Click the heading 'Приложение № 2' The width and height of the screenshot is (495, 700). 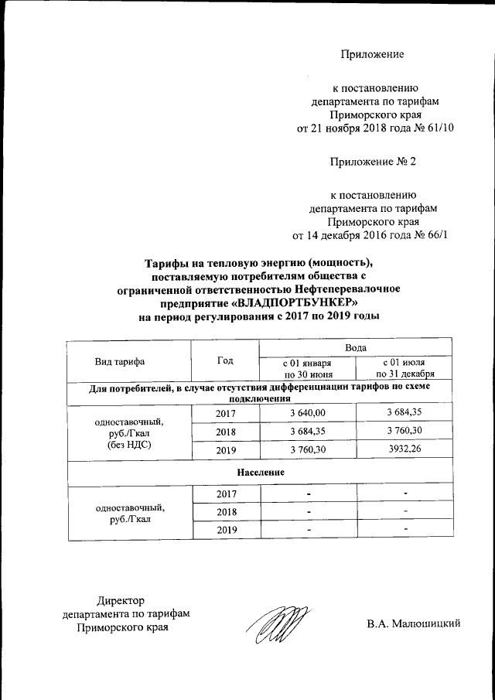[x=373, y=162]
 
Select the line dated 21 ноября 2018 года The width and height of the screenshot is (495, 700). [x=370, y=128]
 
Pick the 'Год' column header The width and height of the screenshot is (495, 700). [x=225, y=360]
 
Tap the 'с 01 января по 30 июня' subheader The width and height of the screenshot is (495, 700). [x=307, y=368]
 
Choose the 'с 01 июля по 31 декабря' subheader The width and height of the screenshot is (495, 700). [x=403, y=368]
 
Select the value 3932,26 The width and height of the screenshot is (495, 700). [x=403, y=449]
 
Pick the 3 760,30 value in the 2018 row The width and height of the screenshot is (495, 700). [x=403, y=431]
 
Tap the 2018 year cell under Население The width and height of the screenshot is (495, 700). [x=225, y=511]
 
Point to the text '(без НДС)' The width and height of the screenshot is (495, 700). [x=128, y=446]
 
